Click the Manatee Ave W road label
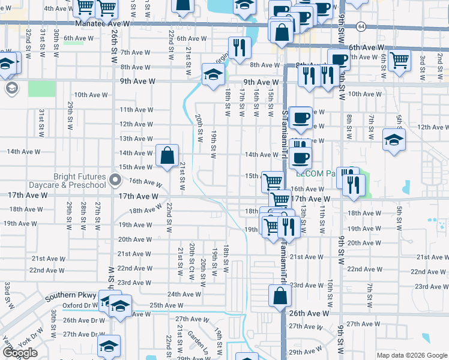[x=103, y=23]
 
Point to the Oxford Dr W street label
[x=83, y=305]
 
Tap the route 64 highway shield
[x=360, y=26]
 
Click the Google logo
[x=20, y=353]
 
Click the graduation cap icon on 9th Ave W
[x=212, y=74]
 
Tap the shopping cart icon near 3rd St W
[x=399, y=60]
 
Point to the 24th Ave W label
[x=184, y=294]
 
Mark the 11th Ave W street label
[x=136, y=110]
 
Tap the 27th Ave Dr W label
[x=84, y=334]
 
